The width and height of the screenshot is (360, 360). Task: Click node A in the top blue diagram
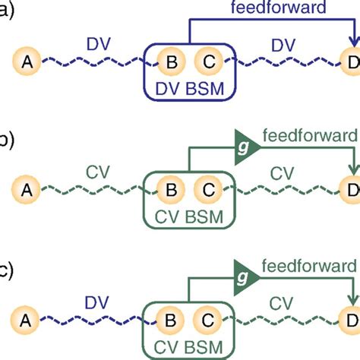[x=28, y=62]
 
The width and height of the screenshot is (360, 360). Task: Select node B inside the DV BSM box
[x=172, y=62]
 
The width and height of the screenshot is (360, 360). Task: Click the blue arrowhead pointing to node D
[x=352, y=44]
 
